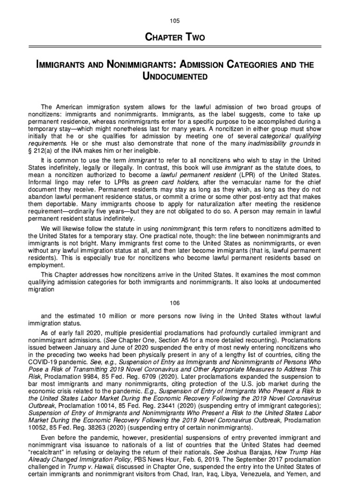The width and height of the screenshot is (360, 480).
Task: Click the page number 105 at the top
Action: [180, 21]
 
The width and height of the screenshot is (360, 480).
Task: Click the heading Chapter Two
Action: [180, 37]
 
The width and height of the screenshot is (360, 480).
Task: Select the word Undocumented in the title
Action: [180, 75]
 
